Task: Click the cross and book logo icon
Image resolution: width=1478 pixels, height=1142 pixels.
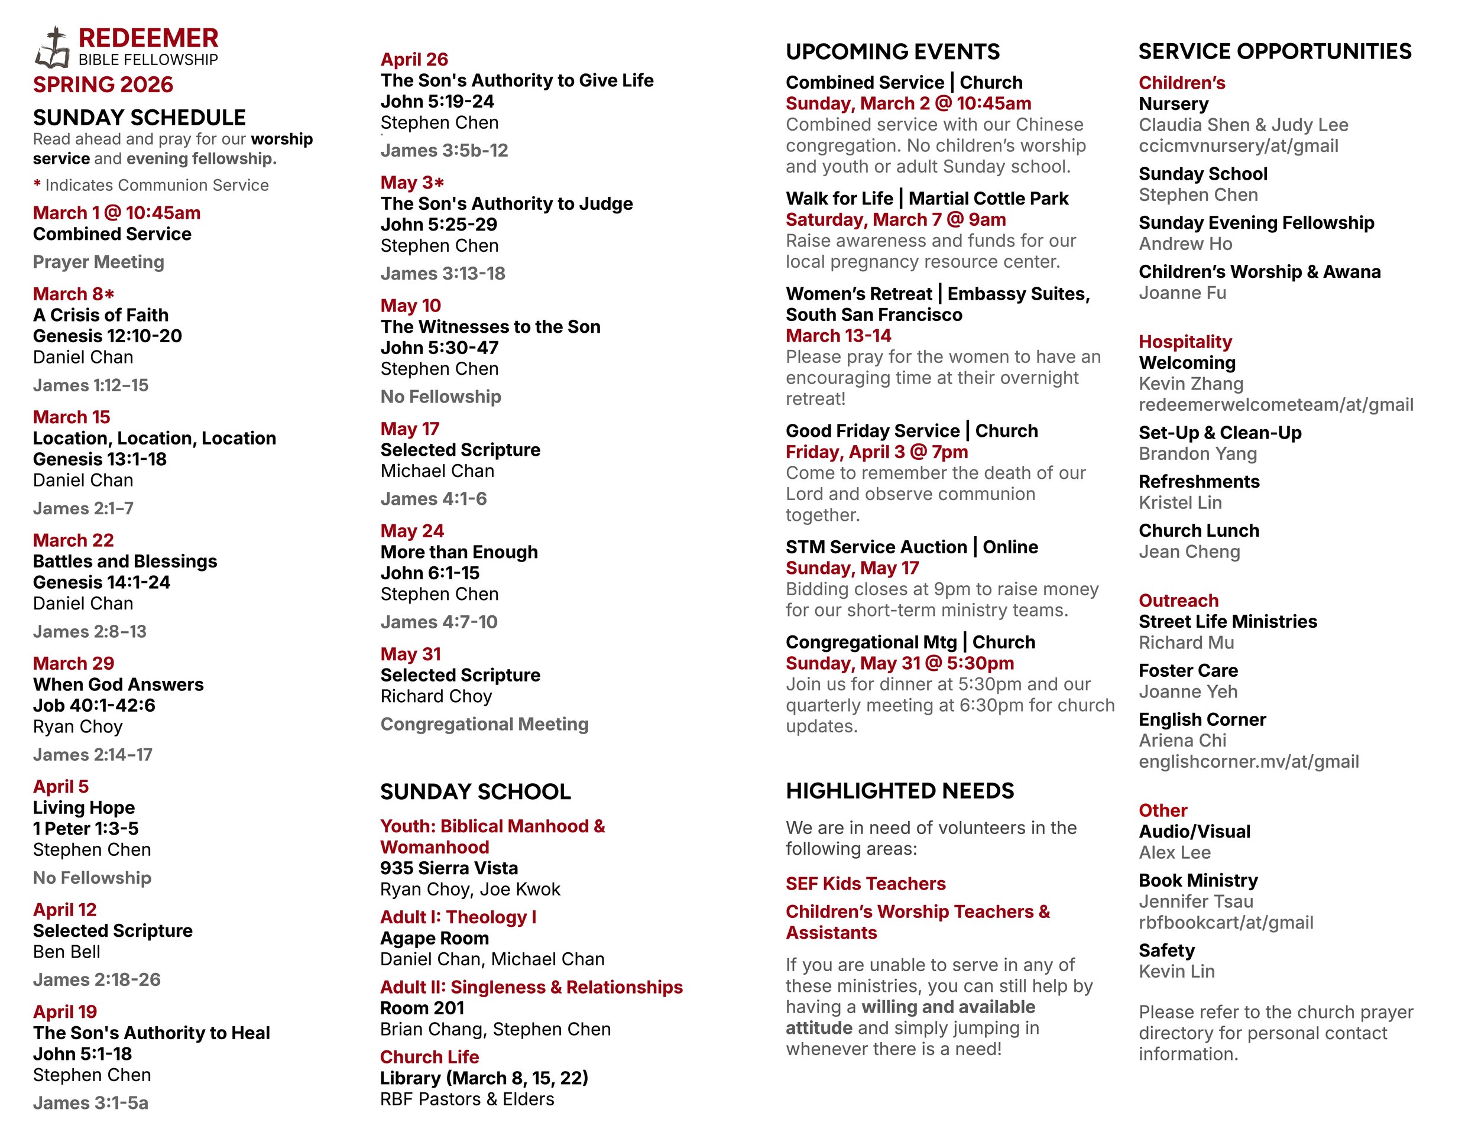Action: pos(53,48)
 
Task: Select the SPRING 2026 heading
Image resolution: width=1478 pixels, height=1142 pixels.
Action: pos(103,85)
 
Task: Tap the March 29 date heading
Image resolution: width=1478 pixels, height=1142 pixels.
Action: pos(73,663)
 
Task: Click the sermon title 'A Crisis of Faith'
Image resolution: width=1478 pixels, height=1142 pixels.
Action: pos(101,314)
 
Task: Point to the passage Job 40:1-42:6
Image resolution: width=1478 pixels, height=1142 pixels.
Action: pos(94,705)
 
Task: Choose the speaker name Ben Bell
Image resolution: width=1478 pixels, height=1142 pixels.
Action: pos(66,951)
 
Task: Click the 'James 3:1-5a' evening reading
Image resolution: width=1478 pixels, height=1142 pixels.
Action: pos(90,1103)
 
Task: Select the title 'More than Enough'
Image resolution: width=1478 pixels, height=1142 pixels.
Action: pos(459,552)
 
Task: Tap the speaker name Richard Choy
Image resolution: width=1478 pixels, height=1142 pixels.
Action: pos(436,696)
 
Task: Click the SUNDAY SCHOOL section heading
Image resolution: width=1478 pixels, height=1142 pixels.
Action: pos(475,791)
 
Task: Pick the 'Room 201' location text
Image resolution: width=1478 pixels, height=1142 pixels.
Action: pos(422,1008)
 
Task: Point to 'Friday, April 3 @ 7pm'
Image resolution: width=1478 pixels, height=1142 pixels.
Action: pos(876,452)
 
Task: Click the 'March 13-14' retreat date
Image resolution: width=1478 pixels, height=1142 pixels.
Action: pos(838,336)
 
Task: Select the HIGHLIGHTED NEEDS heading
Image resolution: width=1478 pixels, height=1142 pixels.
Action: pos(899,791)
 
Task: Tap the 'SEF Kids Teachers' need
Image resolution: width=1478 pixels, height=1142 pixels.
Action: pos(866,884)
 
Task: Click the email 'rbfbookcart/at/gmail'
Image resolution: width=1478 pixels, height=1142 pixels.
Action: pos(1226,923)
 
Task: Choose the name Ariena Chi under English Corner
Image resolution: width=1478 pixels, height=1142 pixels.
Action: pos(1182,741)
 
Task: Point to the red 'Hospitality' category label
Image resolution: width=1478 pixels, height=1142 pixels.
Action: pos(1185,342)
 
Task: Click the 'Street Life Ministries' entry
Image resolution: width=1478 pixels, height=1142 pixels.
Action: pos(1227,622)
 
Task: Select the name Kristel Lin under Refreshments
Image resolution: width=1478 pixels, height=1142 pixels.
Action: pos(1179,502)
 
